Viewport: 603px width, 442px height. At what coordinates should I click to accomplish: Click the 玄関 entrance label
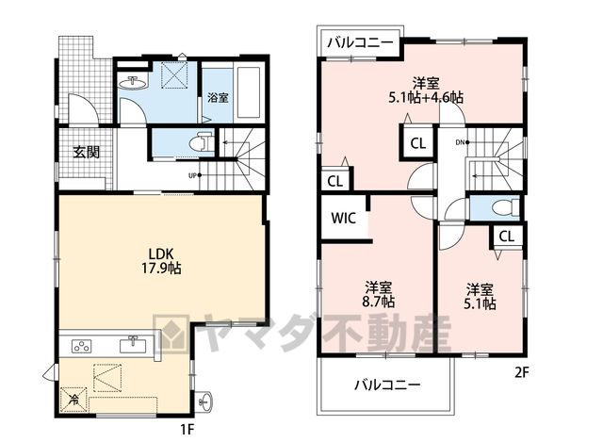[87, 153]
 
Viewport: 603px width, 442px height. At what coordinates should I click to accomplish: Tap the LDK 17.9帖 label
[161, 261]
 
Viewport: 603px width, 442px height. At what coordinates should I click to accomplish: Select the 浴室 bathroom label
[218, 98]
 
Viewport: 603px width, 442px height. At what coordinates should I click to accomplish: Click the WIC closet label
[344, 218]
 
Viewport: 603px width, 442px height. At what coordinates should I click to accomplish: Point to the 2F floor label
[522, 372]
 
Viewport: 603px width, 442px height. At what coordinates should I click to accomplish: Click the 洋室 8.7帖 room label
[379, 294]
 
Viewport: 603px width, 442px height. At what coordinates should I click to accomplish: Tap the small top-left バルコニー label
[360, 42]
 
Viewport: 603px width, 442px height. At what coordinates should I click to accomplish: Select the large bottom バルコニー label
[387, 385]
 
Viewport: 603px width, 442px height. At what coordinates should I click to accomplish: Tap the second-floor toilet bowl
[506, 207]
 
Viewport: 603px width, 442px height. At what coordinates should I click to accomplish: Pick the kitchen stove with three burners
[82, 346]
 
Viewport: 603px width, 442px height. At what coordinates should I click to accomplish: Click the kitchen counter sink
[134, 344]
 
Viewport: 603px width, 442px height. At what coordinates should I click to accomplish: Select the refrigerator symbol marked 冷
[73, 400]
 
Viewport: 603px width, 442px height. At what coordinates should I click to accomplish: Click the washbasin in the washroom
[133, 83]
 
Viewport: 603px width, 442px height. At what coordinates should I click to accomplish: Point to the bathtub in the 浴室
[249, 93]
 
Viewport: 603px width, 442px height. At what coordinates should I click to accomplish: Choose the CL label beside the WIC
[335, 181]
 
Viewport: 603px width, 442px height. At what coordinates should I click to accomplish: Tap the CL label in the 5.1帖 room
[506, 237]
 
